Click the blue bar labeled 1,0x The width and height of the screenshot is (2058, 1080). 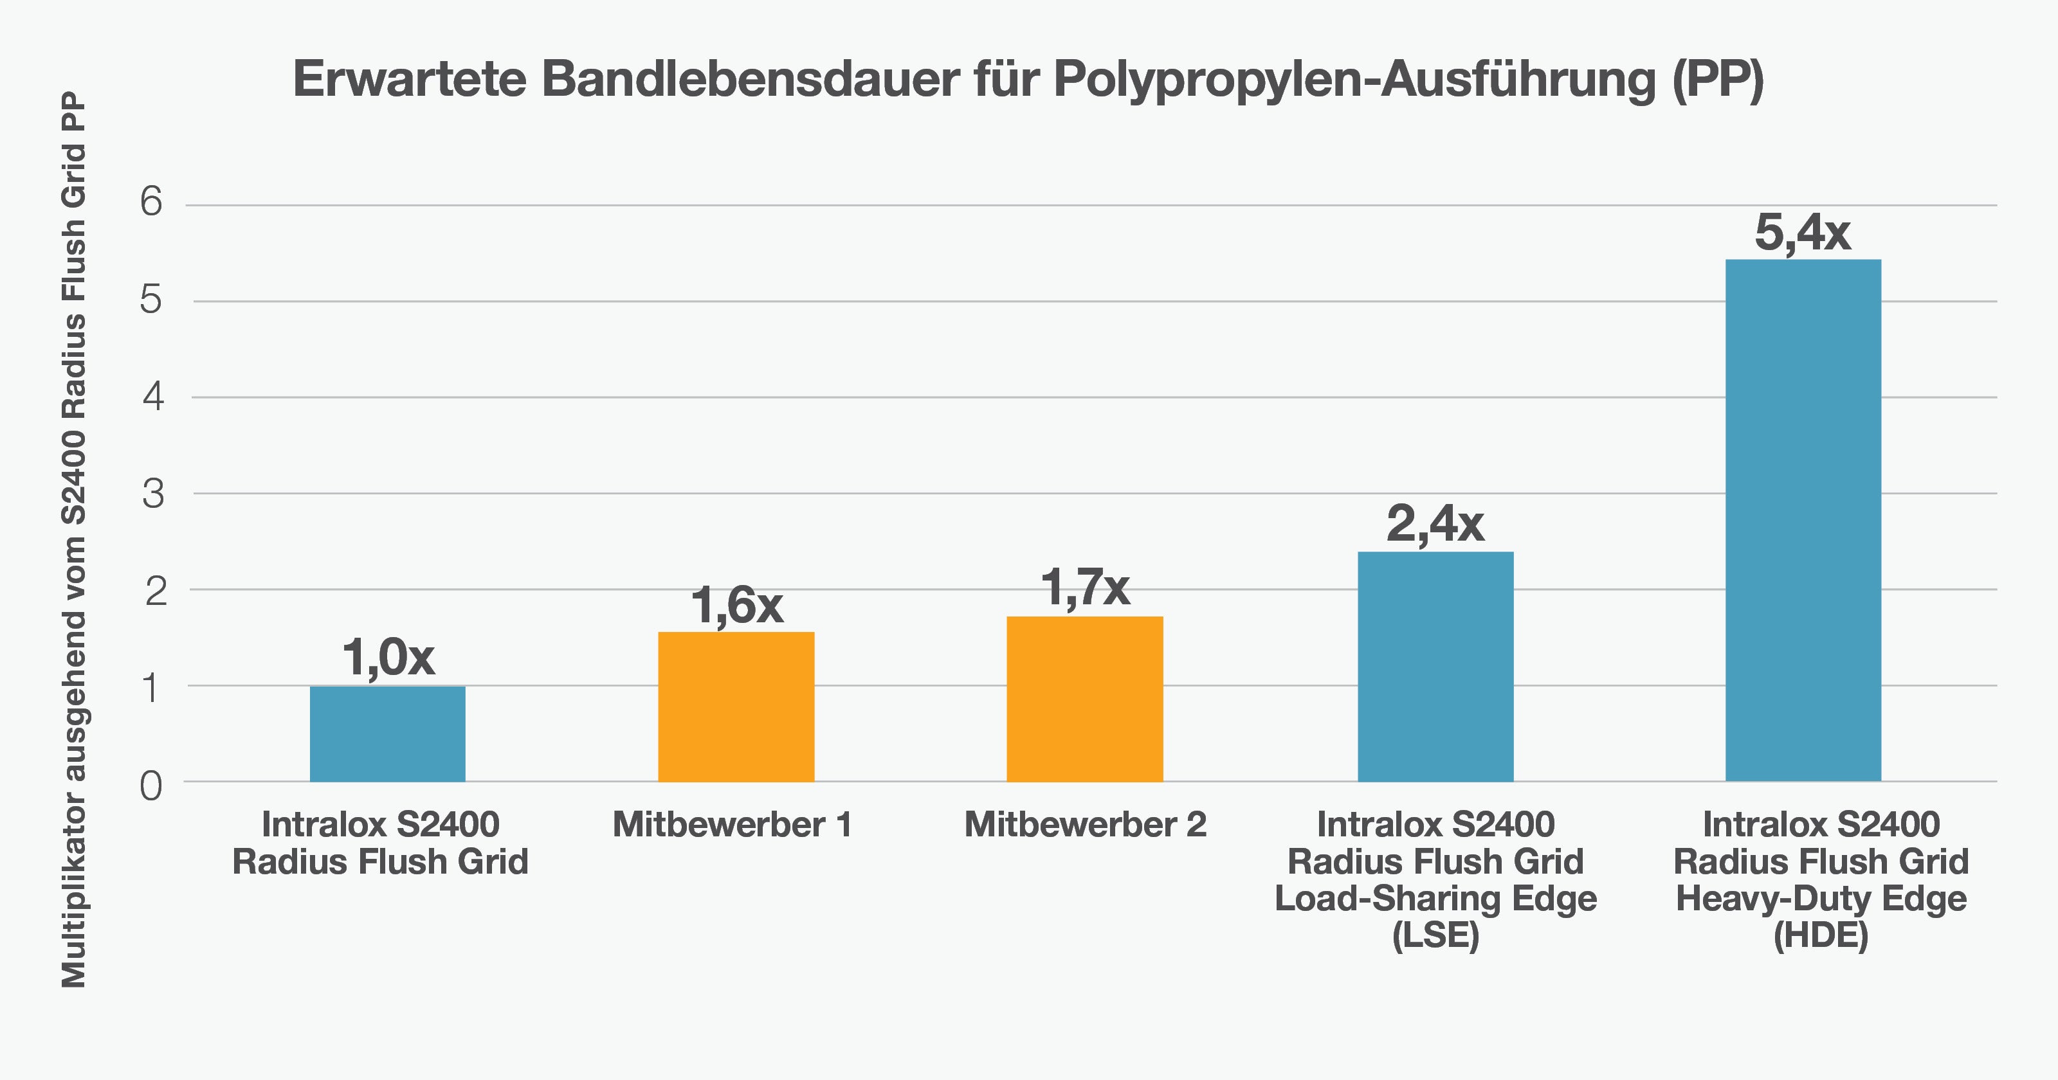387,733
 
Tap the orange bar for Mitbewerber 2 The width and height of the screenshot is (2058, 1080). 1084,698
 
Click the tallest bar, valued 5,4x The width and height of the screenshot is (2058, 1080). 1803,519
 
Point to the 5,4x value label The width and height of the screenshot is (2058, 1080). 1802,233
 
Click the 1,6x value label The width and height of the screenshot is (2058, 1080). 736,605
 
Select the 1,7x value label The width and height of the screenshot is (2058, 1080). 1084,588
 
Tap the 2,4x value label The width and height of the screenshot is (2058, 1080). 1435,524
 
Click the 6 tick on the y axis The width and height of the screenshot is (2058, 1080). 151,201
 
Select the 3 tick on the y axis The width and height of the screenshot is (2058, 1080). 152,494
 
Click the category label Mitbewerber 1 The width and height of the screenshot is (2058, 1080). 732,824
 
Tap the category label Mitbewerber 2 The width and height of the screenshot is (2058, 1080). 1085,824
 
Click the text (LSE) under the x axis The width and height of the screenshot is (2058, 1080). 1435,935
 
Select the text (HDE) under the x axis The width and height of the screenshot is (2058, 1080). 1821,935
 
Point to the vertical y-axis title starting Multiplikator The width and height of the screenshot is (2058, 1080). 73,540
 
